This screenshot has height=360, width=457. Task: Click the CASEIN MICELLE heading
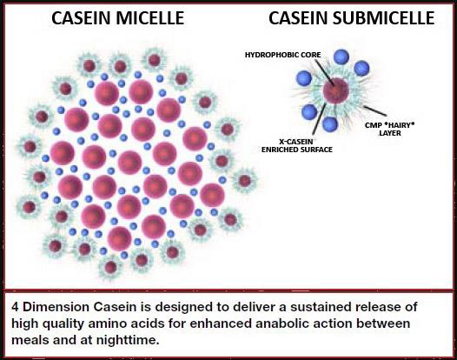118,17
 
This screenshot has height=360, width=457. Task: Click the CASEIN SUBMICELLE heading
352,17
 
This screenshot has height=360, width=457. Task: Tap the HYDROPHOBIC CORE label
282,55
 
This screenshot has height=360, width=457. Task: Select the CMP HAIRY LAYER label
390,129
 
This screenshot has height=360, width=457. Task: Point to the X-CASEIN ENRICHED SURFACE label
296,145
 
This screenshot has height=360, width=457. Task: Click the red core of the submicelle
335,90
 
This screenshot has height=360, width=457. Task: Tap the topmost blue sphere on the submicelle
341,57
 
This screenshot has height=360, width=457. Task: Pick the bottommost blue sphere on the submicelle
330,124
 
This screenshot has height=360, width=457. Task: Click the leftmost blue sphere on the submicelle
304,78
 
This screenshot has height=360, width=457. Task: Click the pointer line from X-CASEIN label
319,121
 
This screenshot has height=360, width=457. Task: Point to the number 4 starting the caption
15,307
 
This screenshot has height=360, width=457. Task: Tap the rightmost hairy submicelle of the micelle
245,181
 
